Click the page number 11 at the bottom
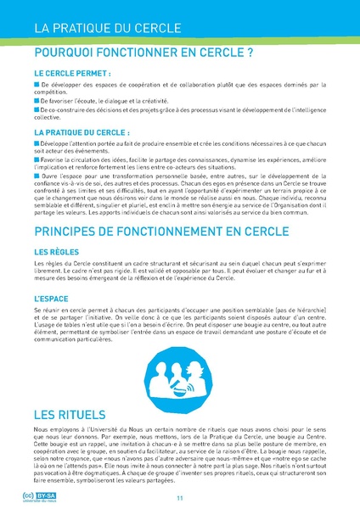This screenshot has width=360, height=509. pyautogui.click(x=180, y=497)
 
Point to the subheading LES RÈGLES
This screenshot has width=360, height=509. pyautogui.click(x=57, y=252)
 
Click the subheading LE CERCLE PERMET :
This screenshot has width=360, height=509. pyautogui.click(x=72, y=73)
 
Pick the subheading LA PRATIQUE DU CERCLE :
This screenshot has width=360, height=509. pyautogui.click(x=82, y=133)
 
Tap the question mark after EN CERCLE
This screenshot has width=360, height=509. pyautogui.click(x=250, y=53)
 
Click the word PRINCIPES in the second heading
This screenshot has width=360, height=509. pyautogui.click(x=70, y=231)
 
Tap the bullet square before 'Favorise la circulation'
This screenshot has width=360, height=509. pyautogui.click(x=37, y=158)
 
